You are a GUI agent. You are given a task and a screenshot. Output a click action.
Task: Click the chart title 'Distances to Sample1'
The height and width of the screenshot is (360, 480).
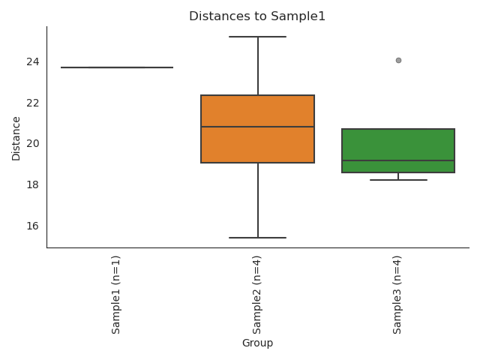tap(257, 16)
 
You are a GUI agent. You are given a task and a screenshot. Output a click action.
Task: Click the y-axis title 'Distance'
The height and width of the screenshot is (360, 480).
tap(16, 138)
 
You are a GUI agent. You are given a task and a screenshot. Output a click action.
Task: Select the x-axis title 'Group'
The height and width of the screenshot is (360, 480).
tap(257, 343)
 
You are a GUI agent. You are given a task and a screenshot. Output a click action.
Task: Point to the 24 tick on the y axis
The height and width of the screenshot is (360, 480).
tap(34, 61)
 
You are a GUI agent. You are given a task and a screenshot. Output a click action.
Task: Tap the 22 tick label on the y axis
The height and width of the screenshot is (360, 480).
tap(34, 103)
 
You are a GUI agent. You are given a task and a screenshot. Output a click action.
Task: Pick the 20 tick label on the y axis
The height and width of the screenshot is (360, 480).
tap(34, 144)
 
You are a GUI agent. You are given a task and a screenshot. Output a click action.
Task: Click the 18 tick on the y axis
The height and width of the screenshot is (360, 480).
tap(34, 184)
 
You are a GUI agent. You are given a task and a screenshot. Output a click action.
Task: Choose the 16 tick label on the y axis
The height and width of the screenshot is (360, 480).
tap(34, 226)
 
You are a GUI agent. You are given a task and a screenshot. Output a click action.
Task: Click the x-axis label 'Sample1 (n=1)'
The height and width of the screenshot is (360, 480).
tap(116, 294)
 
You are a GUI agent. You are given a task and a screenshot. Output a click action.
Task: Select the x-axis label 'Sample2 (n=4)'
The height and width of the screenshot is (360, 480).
tap(257, 294)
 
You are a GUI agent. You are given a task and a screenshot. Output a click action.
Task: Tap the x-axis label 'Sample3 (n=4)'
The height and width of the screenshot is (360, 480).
tap(397, 294)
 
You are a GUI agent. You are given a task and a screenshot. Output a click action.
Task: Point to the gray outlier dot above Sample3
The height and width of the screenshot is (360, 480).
tap(398, 60)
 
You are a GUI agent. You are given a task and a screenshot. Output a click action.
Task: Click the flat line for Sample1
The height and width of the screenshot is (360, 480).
tap(117, 67)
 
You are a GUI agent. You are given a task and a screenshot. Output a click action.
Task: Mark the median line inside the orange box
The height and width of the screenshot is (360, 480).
tap(257, 127)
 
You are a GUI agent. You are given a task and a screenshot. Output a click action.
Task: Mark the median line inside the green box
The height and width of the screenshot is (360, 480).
tap(398, 160)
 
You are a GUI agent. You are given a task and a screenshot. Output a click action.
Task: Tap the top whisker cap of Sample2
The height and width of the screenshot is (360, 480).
tap(257, 37)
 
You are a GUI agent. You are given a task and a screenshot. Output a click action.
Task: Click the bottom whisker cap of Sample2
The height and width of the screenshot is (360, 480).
tap(257, 238)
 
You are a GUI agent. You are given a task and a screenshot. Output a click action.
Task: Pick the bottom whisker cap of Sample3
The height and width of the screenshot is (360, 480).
tap(398, 180)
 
